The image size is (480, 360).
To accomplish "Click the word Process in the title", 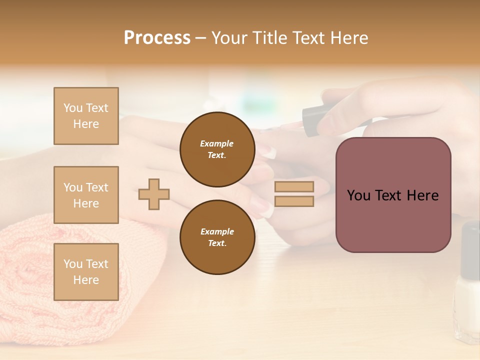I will coord(157,38).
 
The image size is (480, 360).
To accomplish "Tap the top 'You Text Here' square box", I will coord(86,116).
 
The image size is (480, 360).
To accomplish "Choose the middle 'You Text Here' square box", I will coord(86,195).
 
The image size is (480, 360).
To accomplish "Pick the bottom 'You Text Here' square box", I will coord(86,271).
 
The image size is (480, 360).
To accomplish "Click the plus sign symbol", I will coord(154,194).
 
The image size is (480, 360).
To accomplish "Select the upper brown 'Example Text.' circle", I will coord(217,149).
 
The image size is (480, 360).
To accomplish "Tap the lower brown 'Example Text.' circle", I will coord(217,237).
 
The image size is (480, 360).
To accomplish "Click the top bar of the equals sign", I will coord(294,186).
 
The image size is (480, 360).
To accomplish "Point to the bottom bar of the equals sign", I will coord(294,201).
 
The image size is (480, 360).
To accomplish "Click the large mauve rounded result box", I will coord(393,195).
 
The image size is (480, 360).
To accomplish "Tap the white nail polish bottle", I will coord(467,300).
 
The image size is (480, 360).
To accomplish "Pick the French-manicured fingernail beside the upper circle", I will coord(269,151).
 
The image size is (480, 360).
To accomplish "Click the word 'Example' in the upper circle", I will coord(217,143).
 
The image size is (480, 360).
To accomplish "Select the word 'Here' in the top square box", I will coord(86,124).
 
